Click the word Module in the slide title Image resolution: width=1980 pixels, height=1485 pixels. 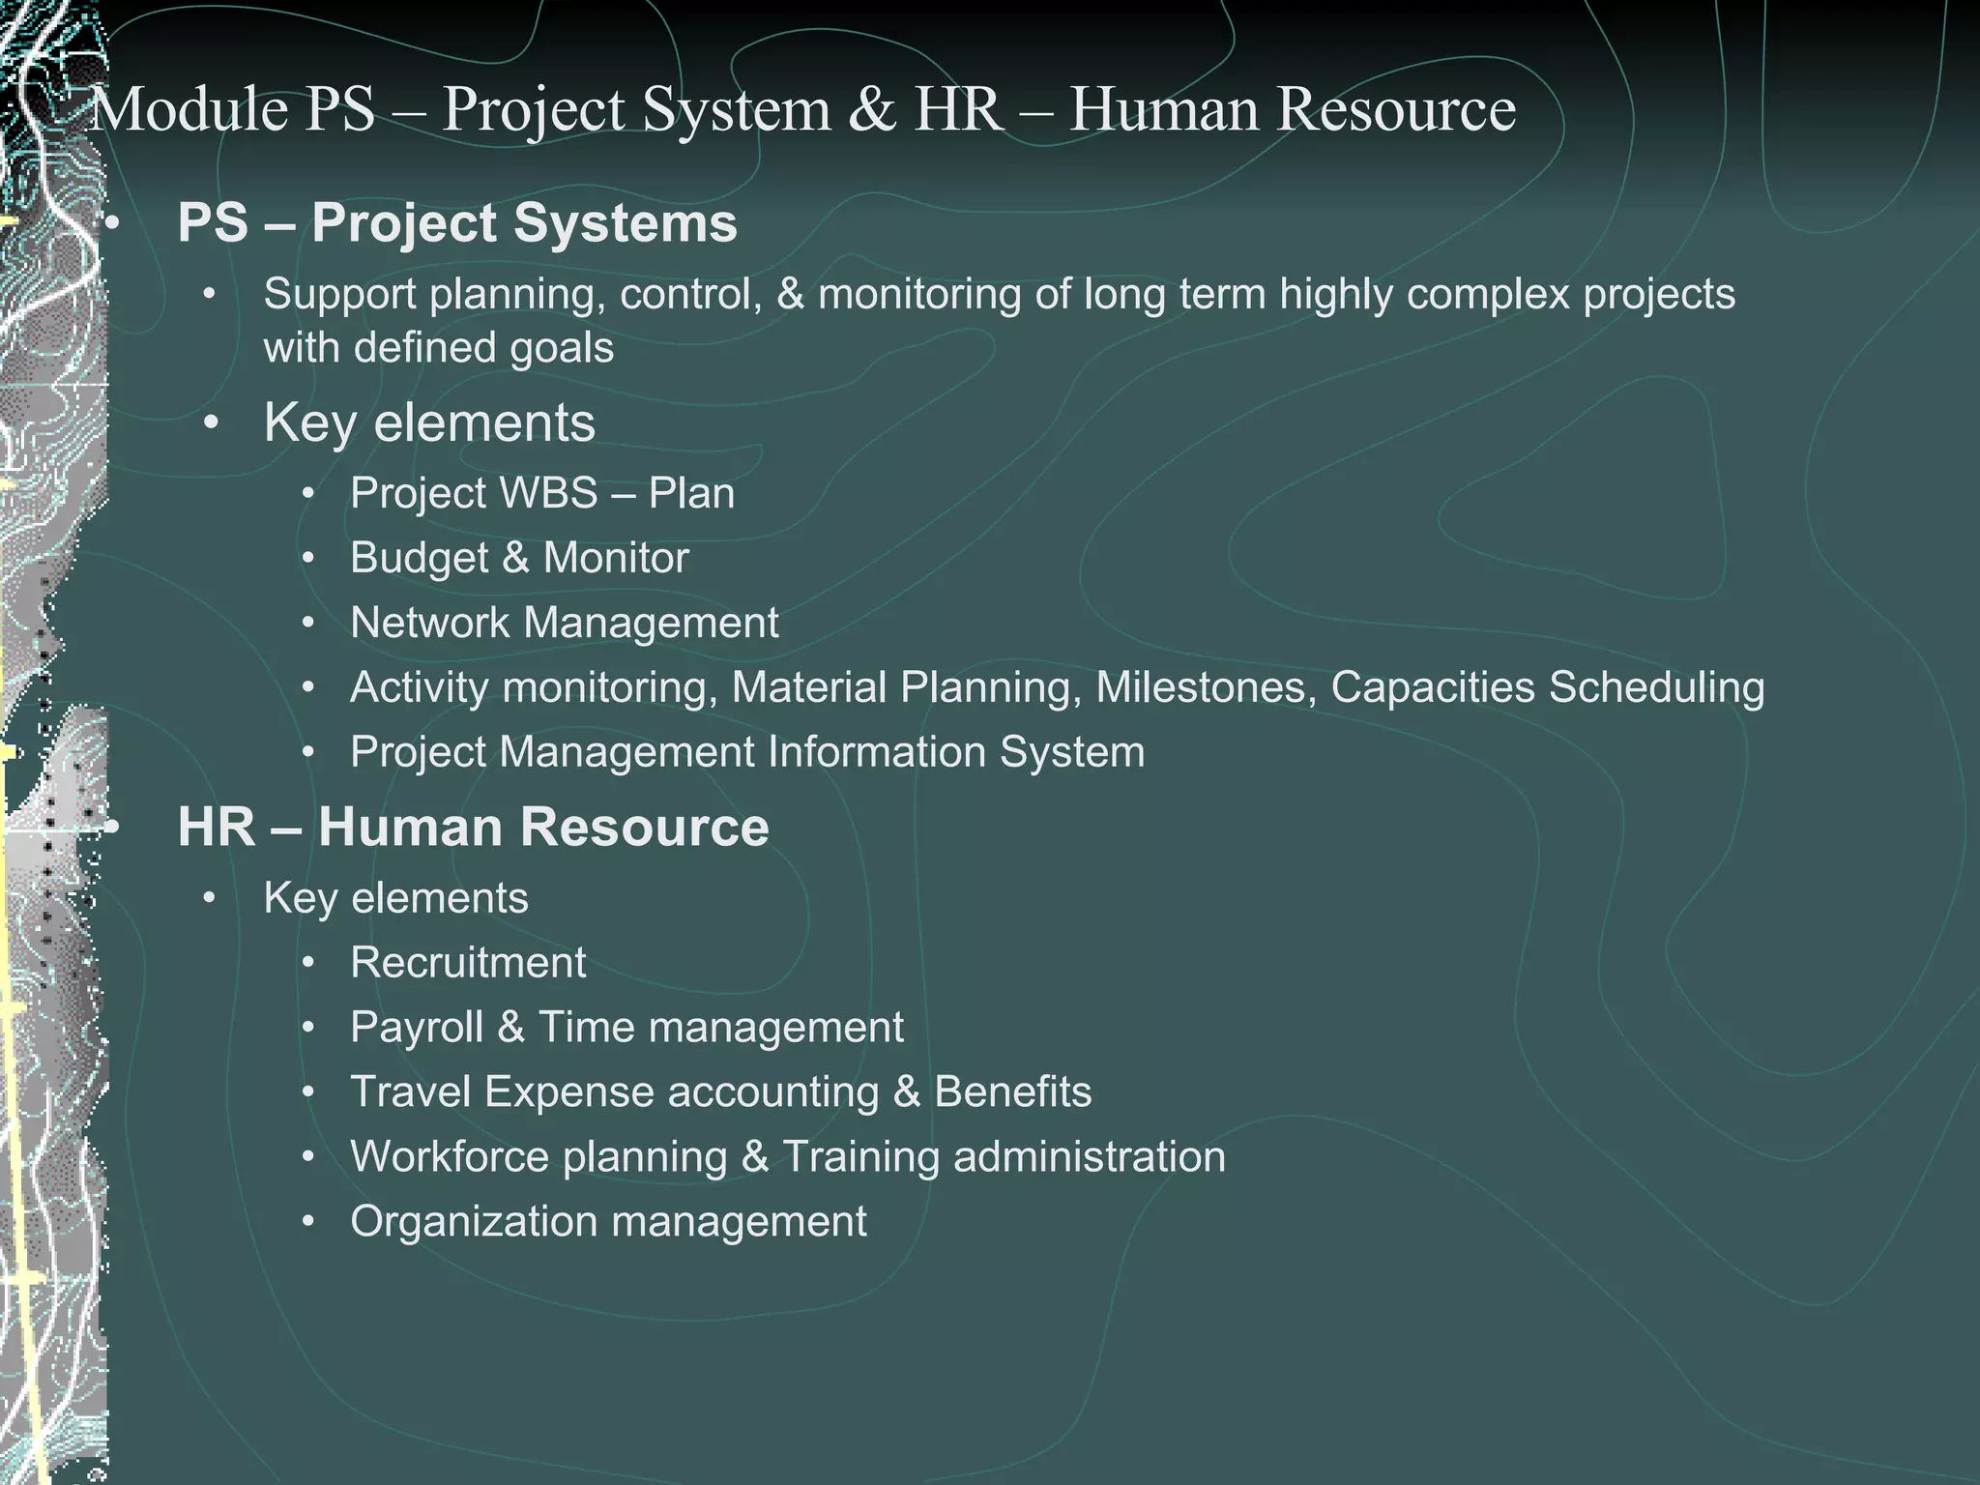tap(188, 109)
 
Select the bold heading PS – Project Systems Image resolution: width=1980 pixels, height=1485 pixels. tap(457, 223)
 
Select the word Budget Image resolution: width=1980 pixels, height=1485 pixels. tap(419, 559)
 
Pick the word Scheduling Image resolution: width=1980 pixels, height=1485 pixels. tap(1656, 687)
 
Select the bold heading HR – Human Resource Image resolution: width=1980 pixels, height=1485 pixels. tap(473, 828)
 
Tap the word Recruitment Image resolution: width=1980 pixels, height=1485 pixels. tap(468, 963)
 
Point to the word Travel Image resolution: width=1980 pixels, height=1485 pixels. tap(410, 1092)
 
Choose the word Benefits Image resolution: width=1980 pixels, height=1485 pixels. tap(1012, 1092)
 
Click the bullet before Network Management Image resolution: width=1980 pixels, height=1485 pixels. tap(308, 624)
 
